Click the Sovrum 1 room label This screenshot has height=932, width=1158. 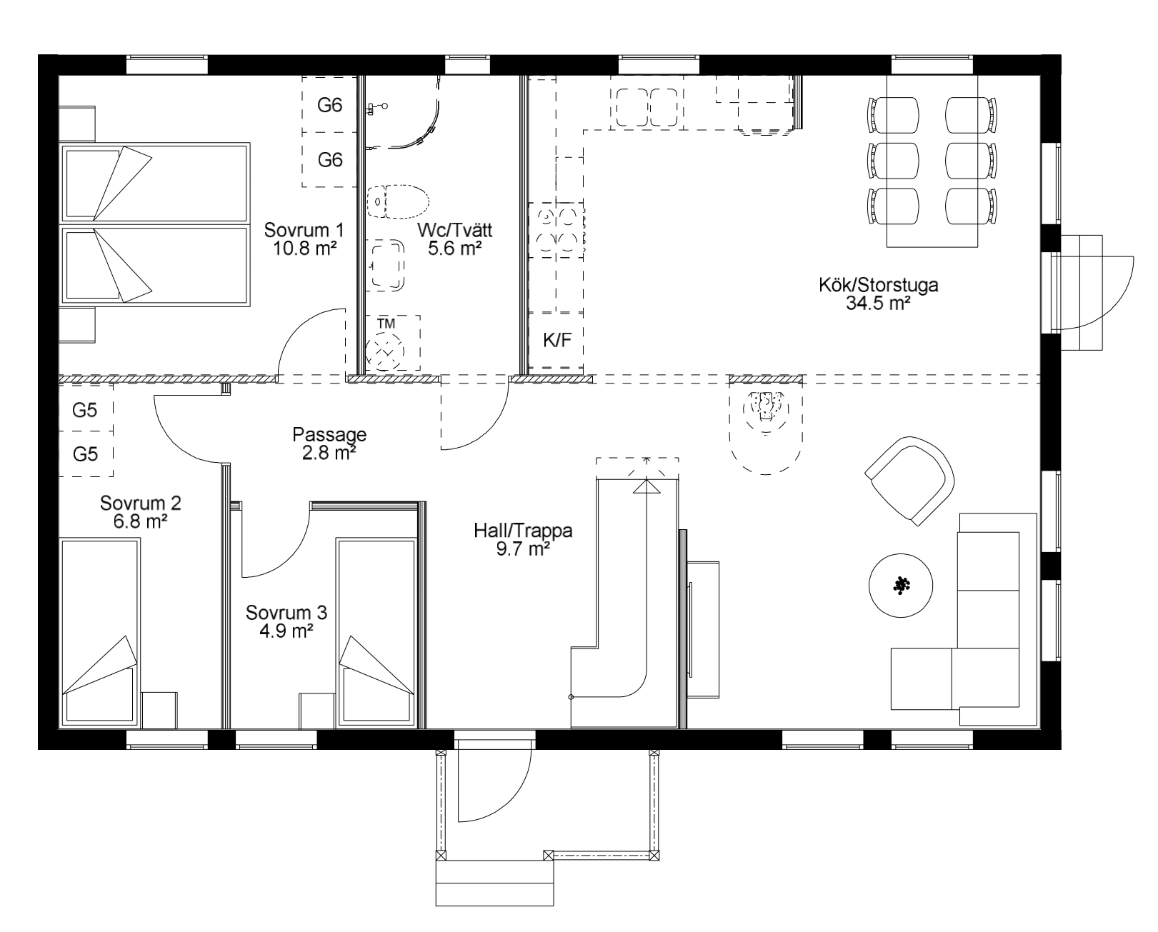304,230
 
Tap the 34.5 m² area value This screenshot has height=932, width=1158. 878,304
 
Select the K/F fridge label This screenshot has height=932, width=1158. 557,340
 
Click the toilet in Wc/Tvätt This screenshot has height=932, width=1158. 398,202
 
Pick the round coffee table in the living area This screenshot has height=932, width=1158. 901,586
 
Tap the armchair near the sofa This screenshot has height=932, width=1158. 909,480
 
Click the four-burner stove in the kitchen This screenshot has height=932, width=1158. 556,230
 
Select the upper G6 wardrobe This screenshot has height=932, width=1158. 329,104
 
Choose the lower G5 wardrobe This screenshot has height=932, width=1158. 86,454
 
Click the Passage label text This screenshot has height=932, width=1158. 329,434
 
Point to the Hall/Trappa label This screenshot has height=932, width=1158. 523,531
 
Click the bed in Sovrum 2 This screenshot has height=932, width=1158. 99,631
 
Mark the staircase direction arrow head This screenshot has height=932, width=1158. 646,486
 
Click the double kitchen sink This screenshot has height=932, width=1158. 647,108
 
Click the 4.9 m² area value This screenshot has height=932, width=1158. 286,631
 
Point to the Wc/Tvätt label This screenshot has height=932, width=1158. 454,230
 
